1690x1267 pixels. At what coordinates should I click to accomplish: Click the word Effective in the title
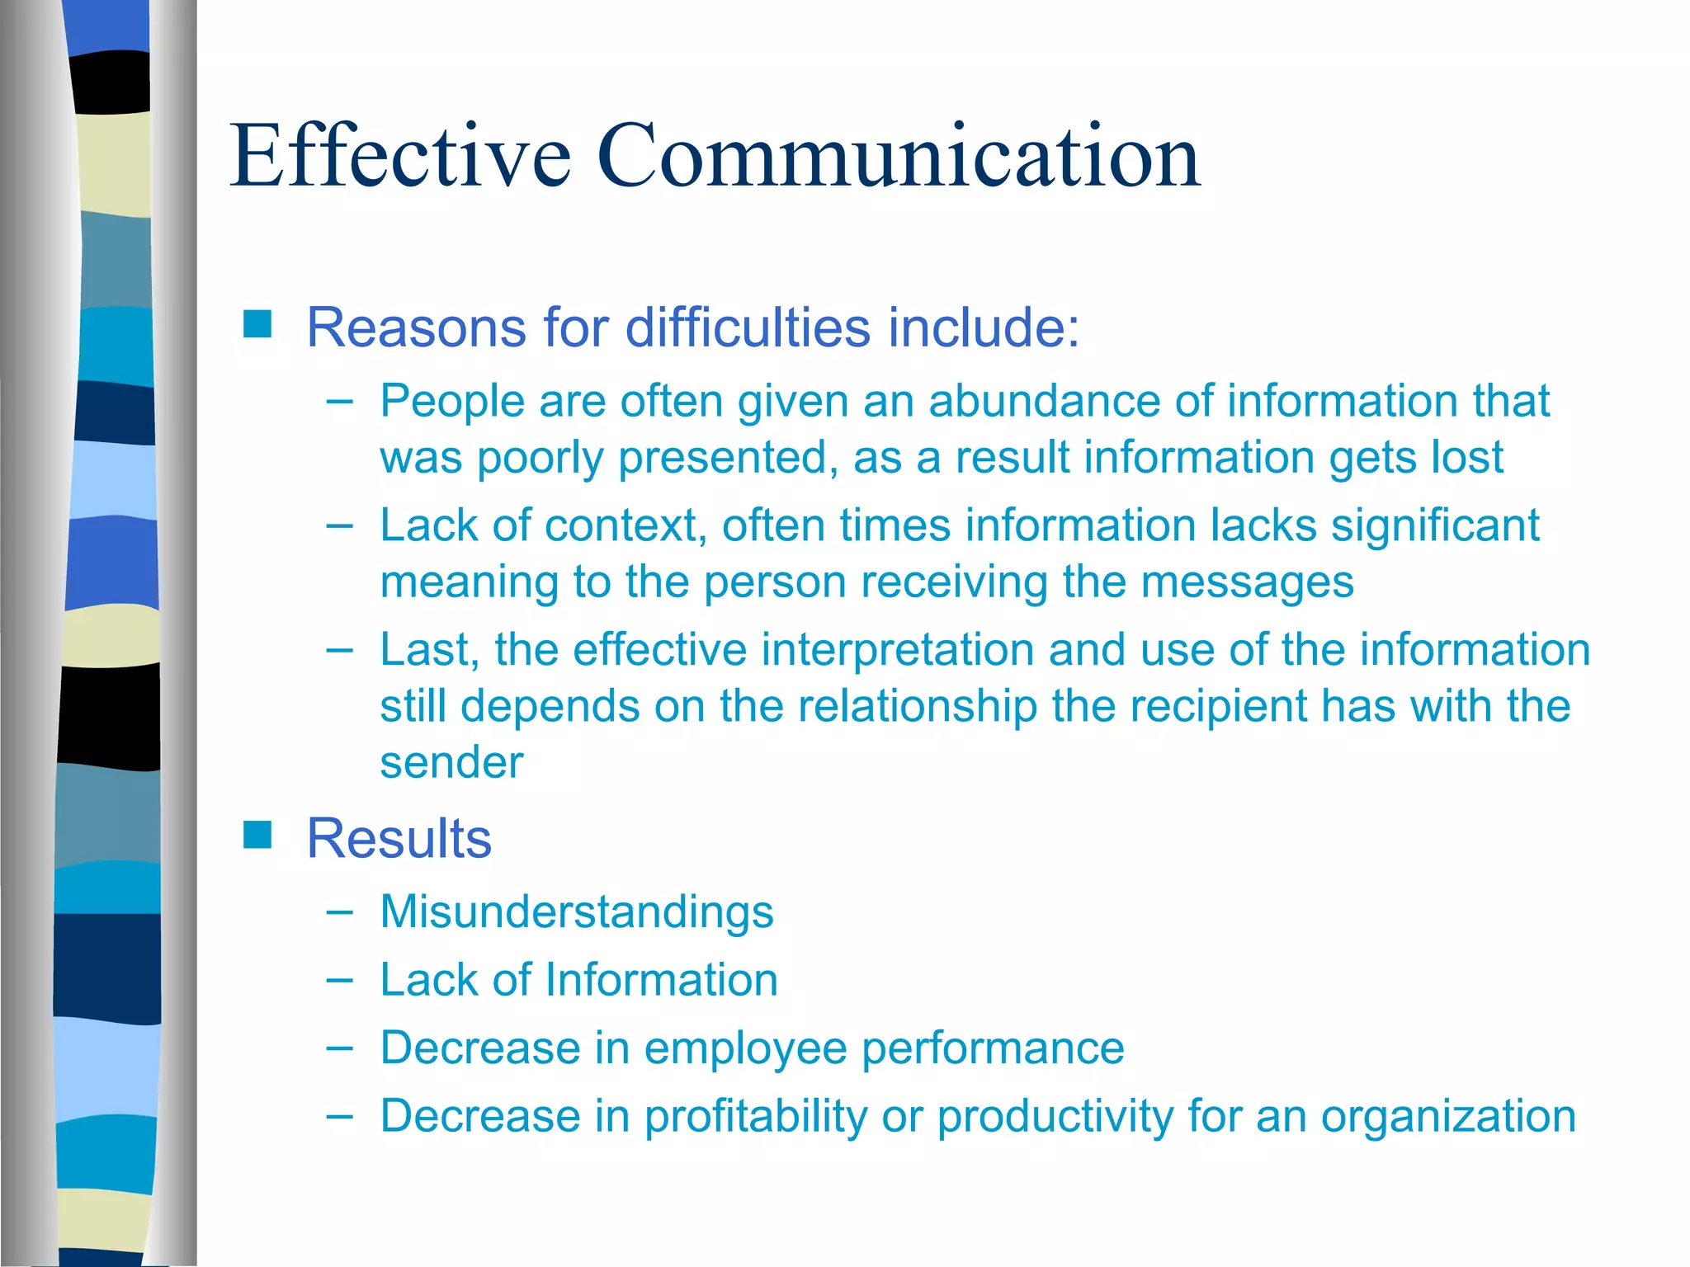click(x=400, y=156)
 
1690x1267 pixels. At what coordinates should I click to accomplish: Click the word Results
click(x=399, y=838)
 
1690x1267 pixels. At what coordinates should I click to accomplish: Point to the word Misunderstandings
click(x=577, y=911)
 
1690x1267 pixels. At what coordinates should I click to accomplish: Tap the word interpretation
click(x=897, y=649)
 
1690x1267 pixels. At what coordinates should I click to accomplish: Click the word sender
click(x=451, y=762)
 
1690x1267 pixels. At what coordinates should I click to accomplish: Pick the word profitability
click(x=755, y=1116)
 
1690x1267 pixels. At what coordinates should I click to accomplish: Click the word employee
click(x=745, y=1048)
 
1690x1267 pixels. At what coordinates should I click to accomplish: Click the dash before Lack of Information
click(x=339, y=980)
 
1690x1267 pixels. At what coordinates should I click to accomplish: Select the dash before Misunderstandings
click(x=339, y=912)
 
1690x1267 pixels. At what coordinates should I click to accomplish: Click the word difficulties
click(x=748, y=327)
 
